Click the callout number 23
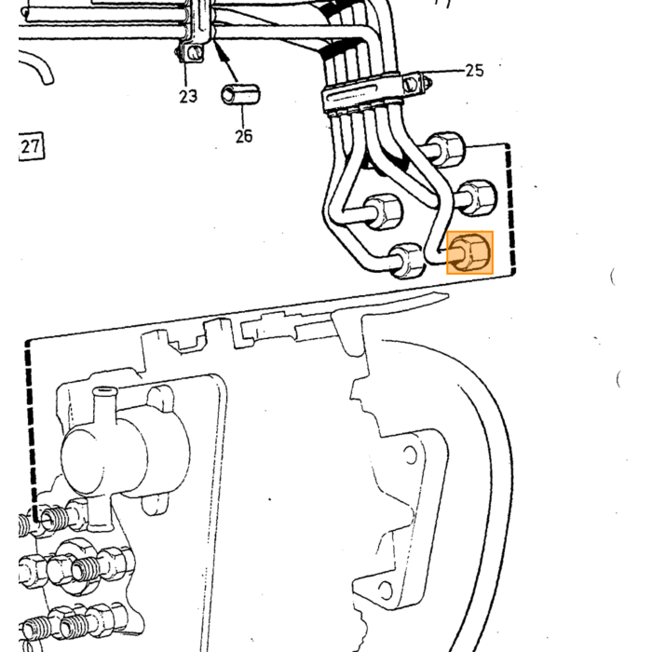click(x=188, y=97)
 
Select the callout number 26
click(x=244, y=136)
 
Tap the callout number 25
click(x=474, y=71)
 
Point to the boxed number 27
click(x=31, y=147)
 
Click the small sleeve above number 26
click(x=240, y=95)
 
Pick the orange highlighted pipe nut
click(x=469, y=252)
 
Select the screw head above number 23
click(x=195, y=52)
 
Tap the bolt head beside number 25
click(x=411, y=85)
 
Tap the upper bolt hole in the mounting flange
click(x=411, y=455)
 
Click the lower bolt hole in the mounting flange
click(x=386, y=590)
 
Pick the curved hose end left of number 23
click(x=36, y=66)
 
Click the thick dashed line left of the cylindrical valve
click(x=32, y=430)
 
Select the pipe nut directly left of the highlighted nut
click(x=408, y=261)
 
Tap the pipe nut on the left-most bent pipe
click(x=384, y=211)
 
